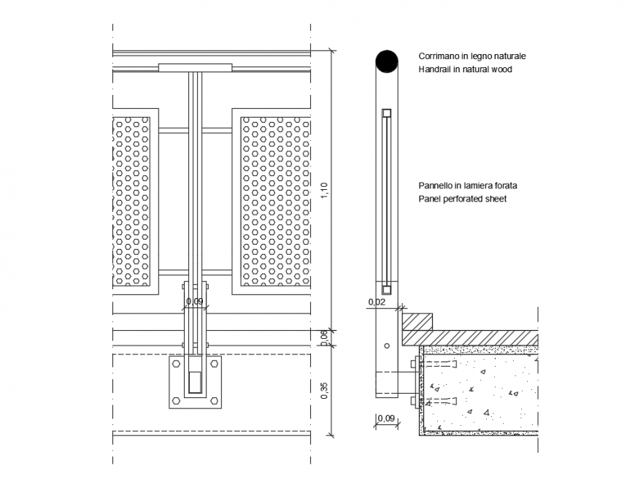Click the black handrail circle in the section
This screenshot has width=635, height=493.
click(x=386, y=61)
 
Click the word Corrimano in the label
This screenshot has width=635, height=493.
click(x=438, y=56)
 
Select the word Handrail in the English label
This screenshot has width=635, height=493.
click(x=435, y=69)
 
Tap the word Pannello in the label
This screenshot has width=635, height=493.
click(x=435, y=186)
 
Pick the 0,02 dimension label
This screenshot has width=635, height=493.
click(x=376, y=302)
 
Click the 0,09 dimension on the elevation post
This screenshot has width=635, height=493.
click(x=194, y=301)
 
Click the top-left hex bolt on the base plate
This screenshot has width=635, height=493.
click(x=177, y=362)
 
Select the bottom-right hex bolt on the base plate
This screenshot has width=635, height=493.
click(x=214, y=400)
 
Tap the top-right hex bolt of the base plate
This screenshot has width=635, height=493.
click(x=214, y=362)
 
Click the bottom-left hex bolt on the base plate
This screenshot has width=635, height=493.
click(x=177, y=400)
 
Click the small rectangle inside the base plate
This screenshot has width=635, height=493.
click(x=195, y=381)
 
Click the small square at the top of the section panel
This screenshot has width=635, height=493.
click(x=387, y=113)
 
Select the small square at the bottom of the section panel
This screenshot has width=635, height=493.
click(x=387, y=288)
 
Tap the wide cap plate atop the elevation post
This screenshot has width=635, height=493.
click(x=195, y=68)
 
